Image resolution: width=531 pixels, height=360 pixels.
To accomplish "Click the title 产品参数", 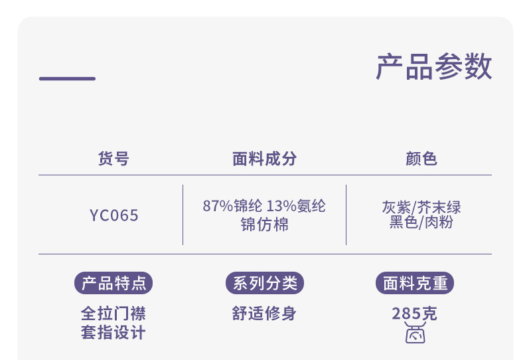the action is [434, 68].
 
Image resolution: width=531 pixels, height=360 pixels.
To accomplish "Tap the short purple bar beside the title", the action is [67, 78].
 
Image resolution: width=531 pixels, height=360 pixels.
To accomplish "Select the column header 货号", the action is [114, 159].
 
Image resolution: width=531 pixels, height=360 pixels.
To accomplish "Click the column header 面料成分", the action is [264, 159].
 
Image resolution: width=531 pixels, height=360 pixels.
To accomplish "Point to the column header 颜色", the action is [421, 159].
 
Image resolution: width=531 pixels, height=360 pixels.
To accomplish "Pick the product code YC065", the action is [114, 216].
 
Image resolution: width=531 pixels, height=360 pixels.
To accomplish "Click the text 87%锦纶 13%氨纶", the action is [264, 207].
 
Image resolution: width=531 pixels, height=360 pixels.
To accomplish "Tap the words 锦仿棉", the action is [264, 225].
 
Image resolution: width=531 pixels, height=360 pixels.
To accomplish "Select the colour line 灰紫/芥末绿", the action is [421, 207].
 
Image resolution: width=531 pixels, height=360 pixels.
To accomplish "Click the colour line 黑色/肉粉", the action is [421, 223].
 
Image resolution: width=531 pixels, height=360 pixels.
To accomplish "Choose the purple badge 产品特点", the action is [114, 283].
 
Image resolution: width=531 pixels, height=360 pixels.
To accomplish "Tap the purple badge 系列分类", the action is [264, 283].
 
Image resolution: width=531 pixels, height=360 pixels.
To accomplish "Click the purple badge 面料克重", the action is [416, 283].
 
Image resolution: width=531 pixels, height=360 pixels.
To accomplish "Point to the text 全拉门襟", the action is [114, 314].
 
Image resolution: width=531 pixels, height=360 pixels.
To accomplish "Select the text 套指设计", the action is [114, 332].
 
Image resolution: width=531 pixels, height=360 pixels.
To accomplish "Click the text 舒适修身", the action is [264, 314].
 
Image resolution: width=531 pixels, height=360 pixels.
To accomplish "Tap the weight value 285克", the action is [415, 314].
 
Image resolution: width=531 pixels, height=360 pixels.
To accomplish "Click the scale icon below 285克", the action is [415, 334].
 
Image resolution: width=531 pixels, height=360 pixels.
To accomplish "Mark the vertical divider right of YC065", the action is [183, 215].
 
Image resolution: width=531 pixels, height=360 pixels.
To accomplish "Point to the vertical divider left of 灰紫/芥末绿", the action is [346, 215].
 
